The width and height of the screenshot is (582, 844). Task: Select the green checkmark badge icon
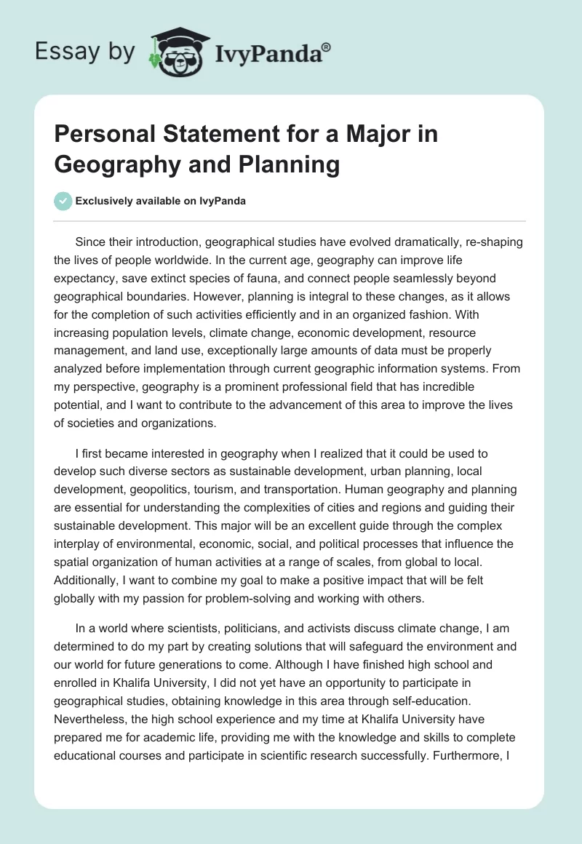tap(64, 201)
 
